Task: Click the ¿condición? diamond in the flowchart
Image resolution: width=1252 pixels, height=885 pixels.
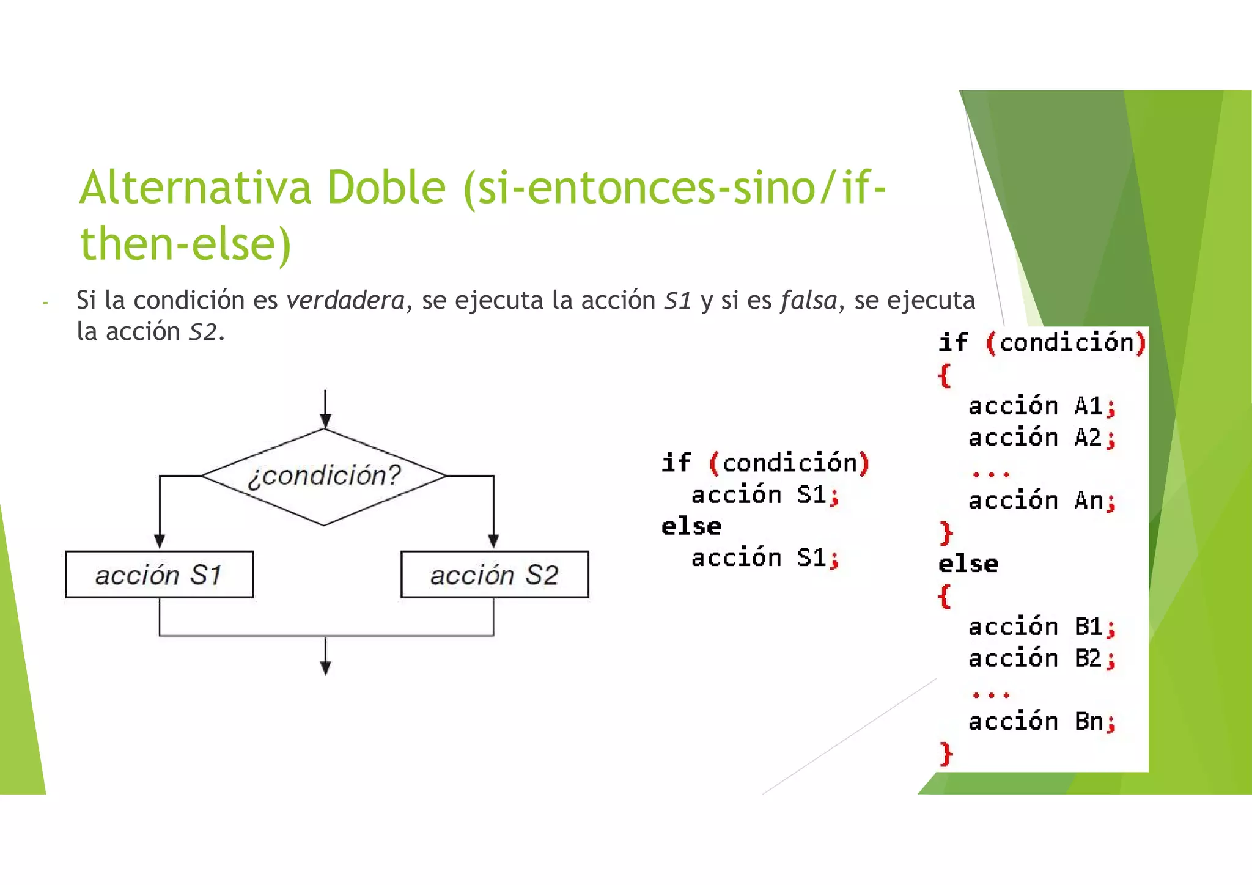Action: tap(324, 476)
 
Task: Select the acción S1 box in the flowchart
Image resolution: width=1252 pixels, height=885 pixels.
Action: tap(159, 575)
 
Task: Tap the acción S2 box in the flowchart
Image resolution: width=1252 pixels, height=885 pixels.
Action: tap(495, 575)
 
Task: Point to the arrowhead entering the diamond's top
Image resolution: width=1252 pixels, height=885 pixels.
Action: tap(325, 420)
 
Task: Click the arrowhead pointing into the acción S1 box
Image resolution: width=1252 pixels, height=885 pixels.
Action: tap(160, 541)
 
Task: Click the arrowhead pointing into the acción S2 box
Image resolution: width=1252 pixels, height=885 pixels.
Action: tap(493, 541)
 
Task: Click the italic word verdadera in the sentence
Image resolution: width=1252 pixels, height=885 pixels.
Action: tap(345, 300)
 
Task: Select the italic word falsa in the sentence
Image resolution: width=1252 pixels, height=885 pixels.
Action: tap(808, 300)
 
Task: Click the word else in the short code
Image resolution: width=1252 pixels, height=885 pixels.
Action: tap(691, 526)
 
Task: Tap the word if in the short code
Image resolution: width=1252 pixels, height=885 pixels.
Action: tap(676, 463)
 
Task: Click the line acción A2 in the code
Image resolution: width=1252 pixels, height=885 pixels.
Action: tap(1042, 438)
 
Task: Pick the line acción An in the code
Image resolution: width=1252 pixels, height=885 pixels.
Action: tap(1042, 501)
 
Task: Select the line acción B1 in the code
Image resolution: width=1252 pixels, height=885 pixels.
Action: tap(1042, 627)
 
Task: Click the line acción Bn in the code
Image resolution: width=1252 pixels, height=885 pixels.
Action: tap(1042, 722)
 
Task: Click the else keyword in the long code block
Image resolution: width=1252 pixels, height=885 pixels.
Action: tap(968, 564)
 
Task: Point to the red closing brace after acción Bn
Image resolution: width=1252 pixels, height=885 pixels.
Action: tap(946, 754)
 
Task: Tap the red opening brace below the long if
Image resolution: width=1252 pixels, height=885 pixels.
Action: tap(945, 375)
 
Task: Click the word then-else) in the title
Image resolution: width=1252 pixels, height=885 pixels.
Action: tap(186, 244)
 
